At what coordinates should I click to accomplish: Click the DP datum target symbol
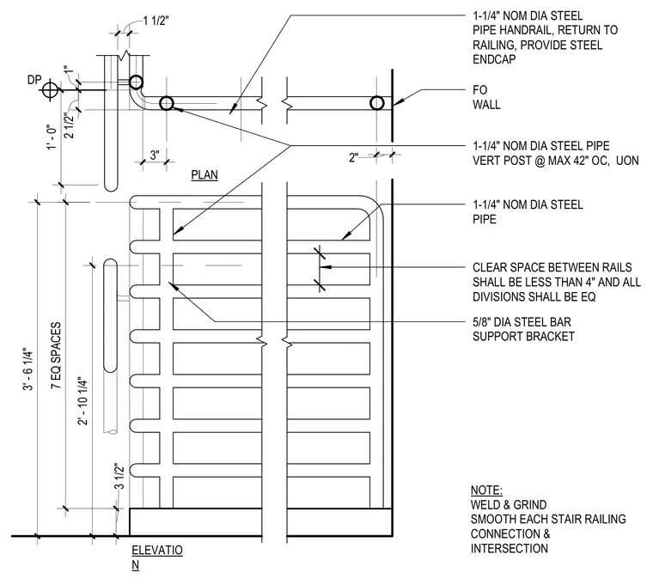click(50, 90)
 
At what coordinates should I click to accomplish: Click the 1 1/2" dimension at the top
click(156, 21)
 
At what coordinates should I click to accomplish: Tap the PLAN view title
click(204, 175)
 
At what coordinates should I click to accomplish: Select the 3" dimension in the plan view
click(155, 155)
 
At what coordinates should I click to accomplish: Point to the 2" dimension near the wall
click(354, 157)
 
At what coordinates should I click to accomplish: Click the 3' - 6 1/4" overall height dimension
click(28, 369)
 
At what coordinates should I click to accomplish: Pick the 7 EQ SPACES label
click(56, 356)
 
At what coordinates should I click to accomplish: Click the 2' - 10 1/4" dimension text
click(82, 401)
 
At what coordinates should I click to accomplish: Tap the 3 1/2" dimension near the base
click(119, 476)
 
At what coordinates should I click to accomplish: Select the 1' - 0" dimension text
click(52, 137)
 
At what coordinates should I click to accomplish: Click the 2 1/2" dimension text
click(69, 125)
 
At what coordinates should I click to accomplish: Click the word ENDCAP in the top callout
click(494, 59)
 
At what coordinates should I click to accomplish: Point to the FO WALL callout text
click(486, 97)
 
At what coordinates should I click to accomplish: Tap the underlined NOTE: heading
click(486, 490)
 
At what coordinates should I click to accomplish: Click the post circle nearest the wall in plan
click(377, 103)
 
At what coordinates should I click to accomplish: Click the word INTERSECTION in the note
click(510, 548)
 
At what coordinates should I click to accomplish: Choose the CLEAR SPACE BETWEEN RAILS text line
click(552, 267)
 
